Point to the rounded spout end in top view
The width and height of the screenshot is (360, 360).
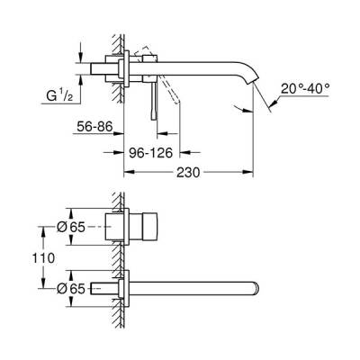pyautogui.click(x=256, y=288)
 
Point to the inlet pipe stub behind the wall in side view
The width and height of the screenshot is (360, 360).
pyautogui.click(x=101, y=70)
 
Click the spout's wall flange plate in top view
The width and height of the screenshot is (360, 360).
pyautogui.click(x=130, y=288)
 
